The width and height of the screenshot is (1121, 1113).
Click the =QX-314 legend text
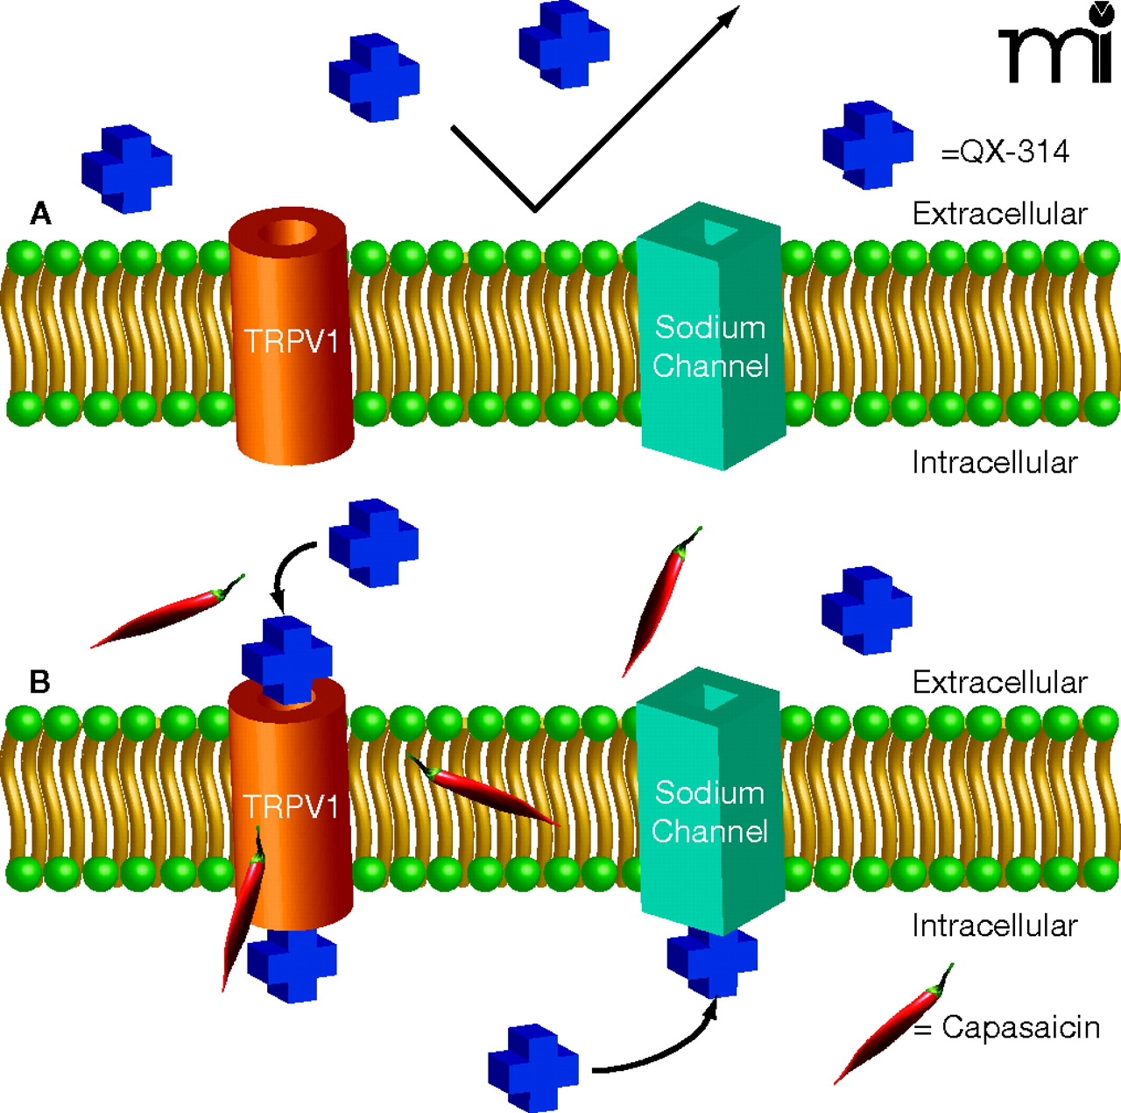click(1005, 152)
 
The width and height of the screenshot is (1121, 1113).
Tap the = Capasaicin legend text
click(1007, 1026)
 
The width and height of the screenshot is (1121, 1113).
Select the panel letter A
click(40, 213)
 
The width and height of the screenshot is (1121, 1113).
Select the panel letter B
click(40, 681)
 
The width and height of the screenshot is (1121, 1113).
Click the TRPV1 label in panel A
click(291, 341)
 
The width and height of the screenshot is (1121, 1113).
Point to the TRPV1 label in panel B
click(291, 806)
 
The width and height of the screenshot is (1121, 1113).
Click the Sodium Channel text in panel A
click(710, 346)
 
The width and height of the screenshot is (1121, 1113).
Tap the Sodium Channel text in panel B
click(710, 812)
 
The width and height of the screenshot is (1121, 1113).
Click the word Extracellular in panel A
click(999, 213)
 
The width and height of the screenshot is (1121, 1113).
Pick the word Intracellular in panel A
click(994, 462)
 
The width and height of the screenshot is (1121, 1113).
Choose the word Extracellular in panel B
click(999, 682)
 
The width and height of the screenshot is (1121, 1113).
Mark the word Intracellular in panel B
click(994, 925)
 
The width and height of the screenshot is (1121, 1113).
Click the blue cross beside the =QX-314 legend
click(867, 145)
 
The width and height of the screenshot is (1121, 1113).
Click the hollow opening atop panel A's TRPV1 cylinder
click(292, 232)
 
